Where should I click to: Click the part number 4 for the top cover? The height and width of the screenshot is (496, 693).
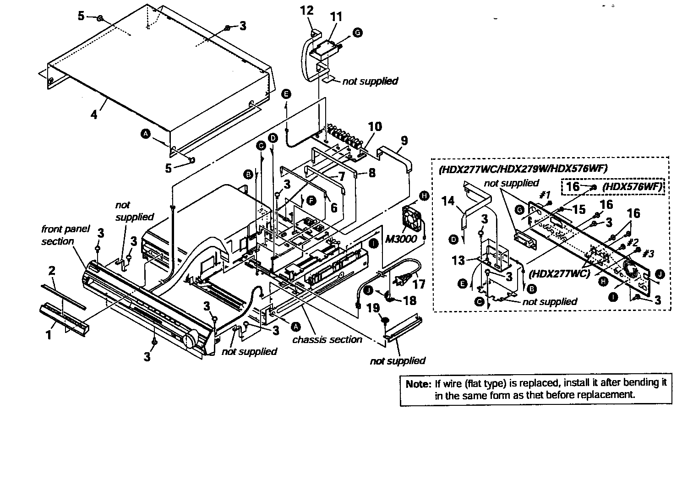pos(94,114)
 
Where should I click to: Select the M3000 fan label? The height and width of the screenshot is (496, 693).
pos(401,239)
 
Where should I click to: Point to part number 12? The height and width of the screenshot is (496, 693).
pos(306,11)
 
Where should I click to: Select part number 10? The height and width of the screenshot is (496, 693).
pos(375,126)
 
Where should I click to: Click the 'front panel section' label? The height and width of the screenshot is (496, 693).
pos(59,235)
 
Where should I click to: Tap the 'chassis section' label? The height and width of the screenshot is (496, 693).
pos(327,339)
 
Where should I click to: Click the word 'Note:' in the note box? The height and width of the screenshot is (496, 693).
pos(418,384)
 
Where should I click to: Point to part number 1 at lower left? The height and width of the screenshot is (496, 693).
pos(49,335)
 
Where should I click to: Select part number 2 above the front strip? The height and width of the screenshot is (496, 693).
pos(52,271)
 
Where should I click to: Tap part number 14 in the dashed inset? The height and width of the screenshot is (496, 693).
pos(448,202)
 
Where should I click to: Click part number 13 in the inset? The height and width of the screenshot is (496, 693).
pos(458,260)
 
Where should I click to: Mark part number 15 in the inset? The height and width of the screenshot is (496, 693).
pos(579,209)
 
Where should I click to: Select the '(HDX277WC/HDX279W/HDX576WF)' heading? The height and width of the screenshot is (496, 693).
pos(523,169)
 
